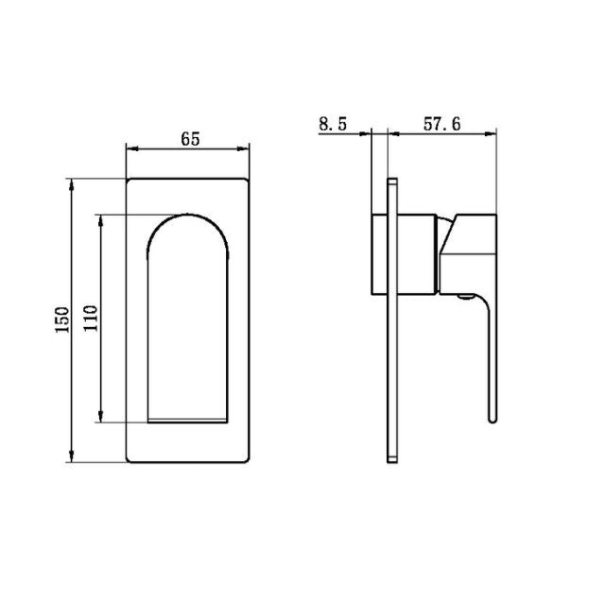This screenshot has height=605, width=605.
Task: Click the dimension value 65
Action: pyautogui.click(x=189, y=139)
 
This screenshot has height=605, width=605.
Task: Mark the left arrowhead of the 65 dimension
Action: pyautogui.click(x=131, y=148)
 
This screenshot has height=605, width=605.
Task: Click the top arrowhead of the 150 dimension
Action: pyautogui.click(x=73, y=182)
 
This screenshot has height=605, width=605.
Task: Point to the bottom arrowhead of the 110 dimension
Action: pyautogui.click(x=101, y=418)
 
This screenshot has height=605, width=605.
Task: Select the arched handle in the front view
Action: pyautogui.click(x=188, y=312)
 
